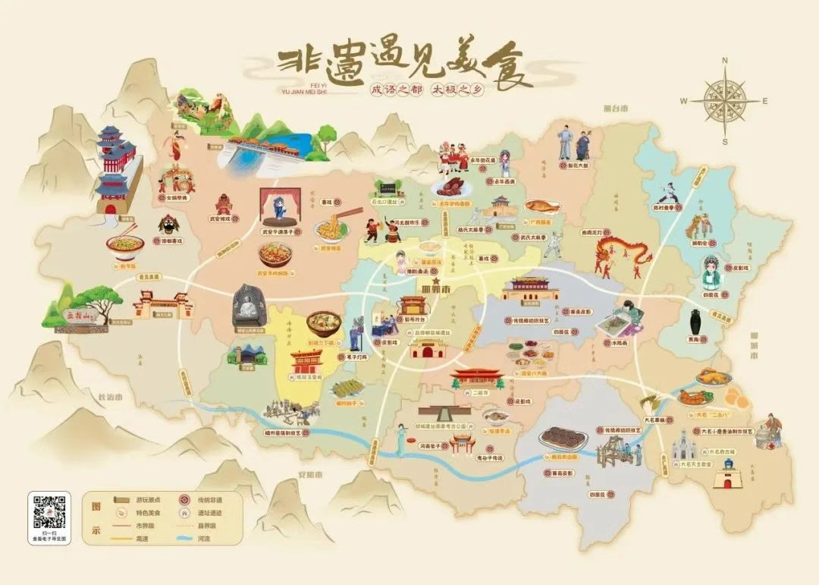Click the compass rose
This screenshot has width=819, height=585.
(724, 100)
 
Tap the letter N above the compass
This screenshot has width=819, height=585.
(725, 61)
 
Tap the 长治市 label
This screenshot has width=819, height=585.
(101, 396)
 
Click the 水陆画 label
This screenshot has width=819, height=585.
(626, 342)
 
